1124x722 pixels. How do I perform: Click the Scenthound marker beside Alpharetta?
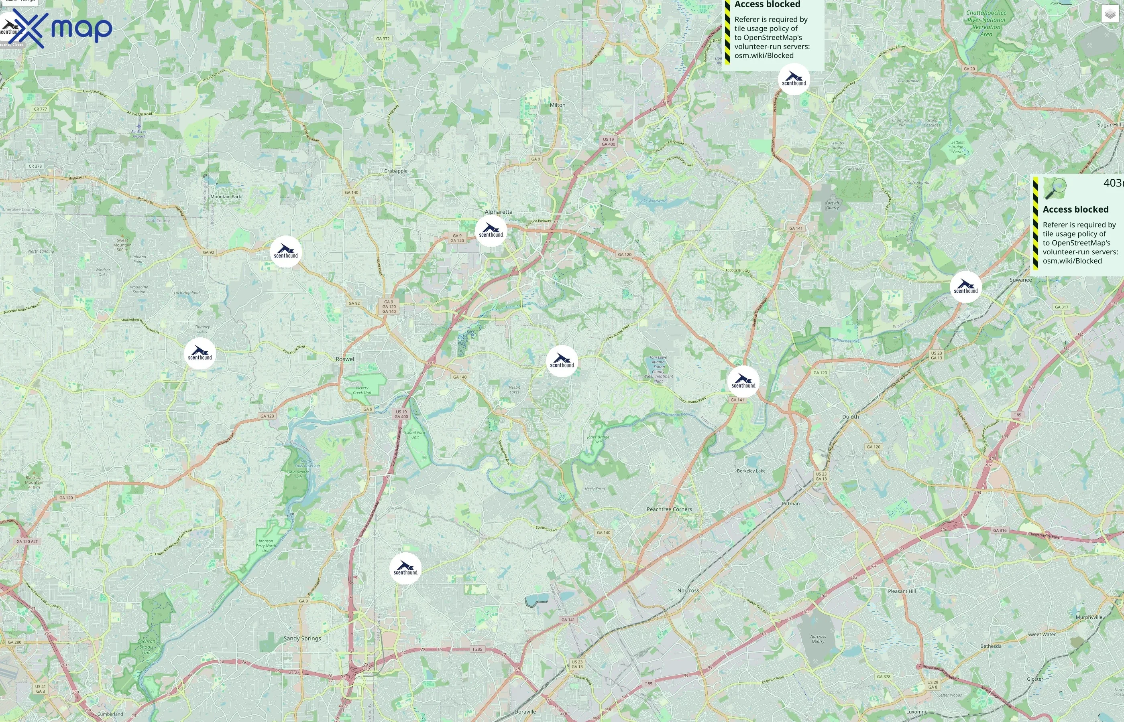click(491, 231)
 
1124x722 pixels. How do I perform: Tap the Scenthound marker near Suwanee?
click(965, 286)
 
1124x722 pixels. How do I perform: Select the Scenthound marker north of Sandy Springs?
click(405, 568)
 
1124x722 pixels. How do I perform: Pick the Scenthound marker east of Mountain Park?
click(286, 252)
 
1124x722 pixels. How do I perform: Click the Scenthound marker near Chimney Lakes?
click(200, 353)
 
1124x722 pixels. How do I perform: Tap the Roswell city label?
click(346, 359)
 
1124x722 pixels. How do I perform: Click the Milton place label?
click(557, 105)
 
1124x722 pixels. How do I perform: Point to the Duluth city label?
click(850, 417)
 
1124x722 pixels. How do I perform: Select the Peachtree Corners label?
click(669, 509)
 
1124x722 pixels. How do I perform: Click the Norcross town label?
click(688, 591)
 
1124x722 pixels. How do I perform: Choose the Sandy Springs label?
click(302, 639)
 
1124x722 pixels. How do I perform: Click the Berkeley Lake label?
click(751, 471)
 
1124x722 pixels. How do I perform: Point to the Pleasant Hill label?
click(901, 591)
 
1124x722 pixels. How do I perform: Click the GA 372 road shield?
click(383, 39)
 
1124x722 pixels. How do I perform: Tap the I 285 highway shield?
click(476, 649)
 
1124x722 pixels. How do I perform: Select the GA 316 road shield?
click(999, 530)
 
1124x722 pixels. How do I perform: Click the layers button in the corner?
click(1110, 14)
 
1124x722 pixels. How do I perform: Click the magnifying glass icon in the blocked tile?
click(1055, 189)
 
